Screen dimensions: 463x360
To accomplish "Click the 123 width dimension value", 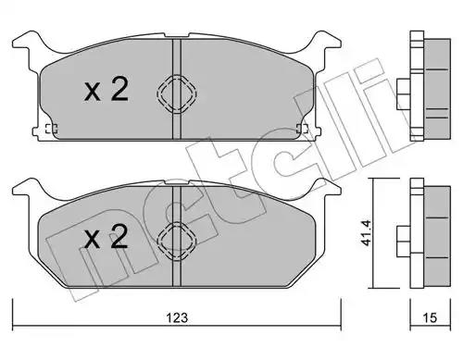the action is [x=177, y=317].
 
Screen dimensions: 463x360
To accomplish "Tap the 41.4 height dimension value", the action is [x=367, y=232].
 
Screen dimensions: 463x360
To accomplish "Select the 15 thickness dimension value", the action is [x=431, y=317].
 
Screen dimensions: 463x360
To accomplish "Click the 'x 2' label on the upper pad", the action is [x=106, y=89].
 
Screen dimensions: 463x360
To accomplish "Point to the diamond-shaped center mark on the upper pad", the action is [x=177, y=93].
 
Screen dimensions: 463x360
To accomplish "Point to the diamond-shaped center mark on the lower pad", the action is [x=177, y=241].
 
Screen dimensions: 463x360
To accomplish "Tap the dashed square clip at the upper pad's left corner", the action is [x=51, y=129].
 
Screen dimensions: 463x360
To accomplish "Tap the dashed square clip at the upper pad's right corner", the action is [x=302, y=129].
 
